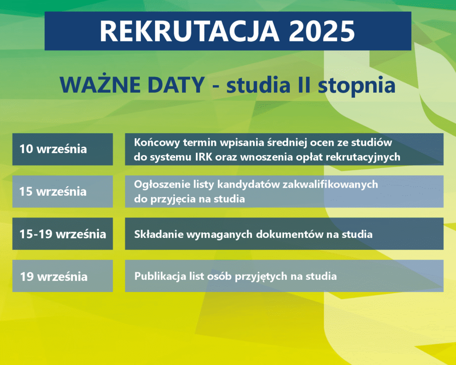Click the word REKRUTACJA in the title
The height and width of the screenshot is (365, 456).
[x=189, y=31]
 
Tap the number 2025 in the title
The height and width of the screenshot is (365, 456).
[x=322, y=31]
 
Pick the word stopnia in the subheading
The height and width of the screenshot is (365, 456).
[x=357, y=86]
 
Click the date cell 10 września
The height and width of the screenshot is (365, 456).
[x=62, y=149]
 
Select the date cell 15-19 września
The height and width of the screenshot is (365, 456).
[x=62, y=234]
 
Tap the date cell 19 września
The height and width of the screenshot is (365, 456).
[x=62, y=276]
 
